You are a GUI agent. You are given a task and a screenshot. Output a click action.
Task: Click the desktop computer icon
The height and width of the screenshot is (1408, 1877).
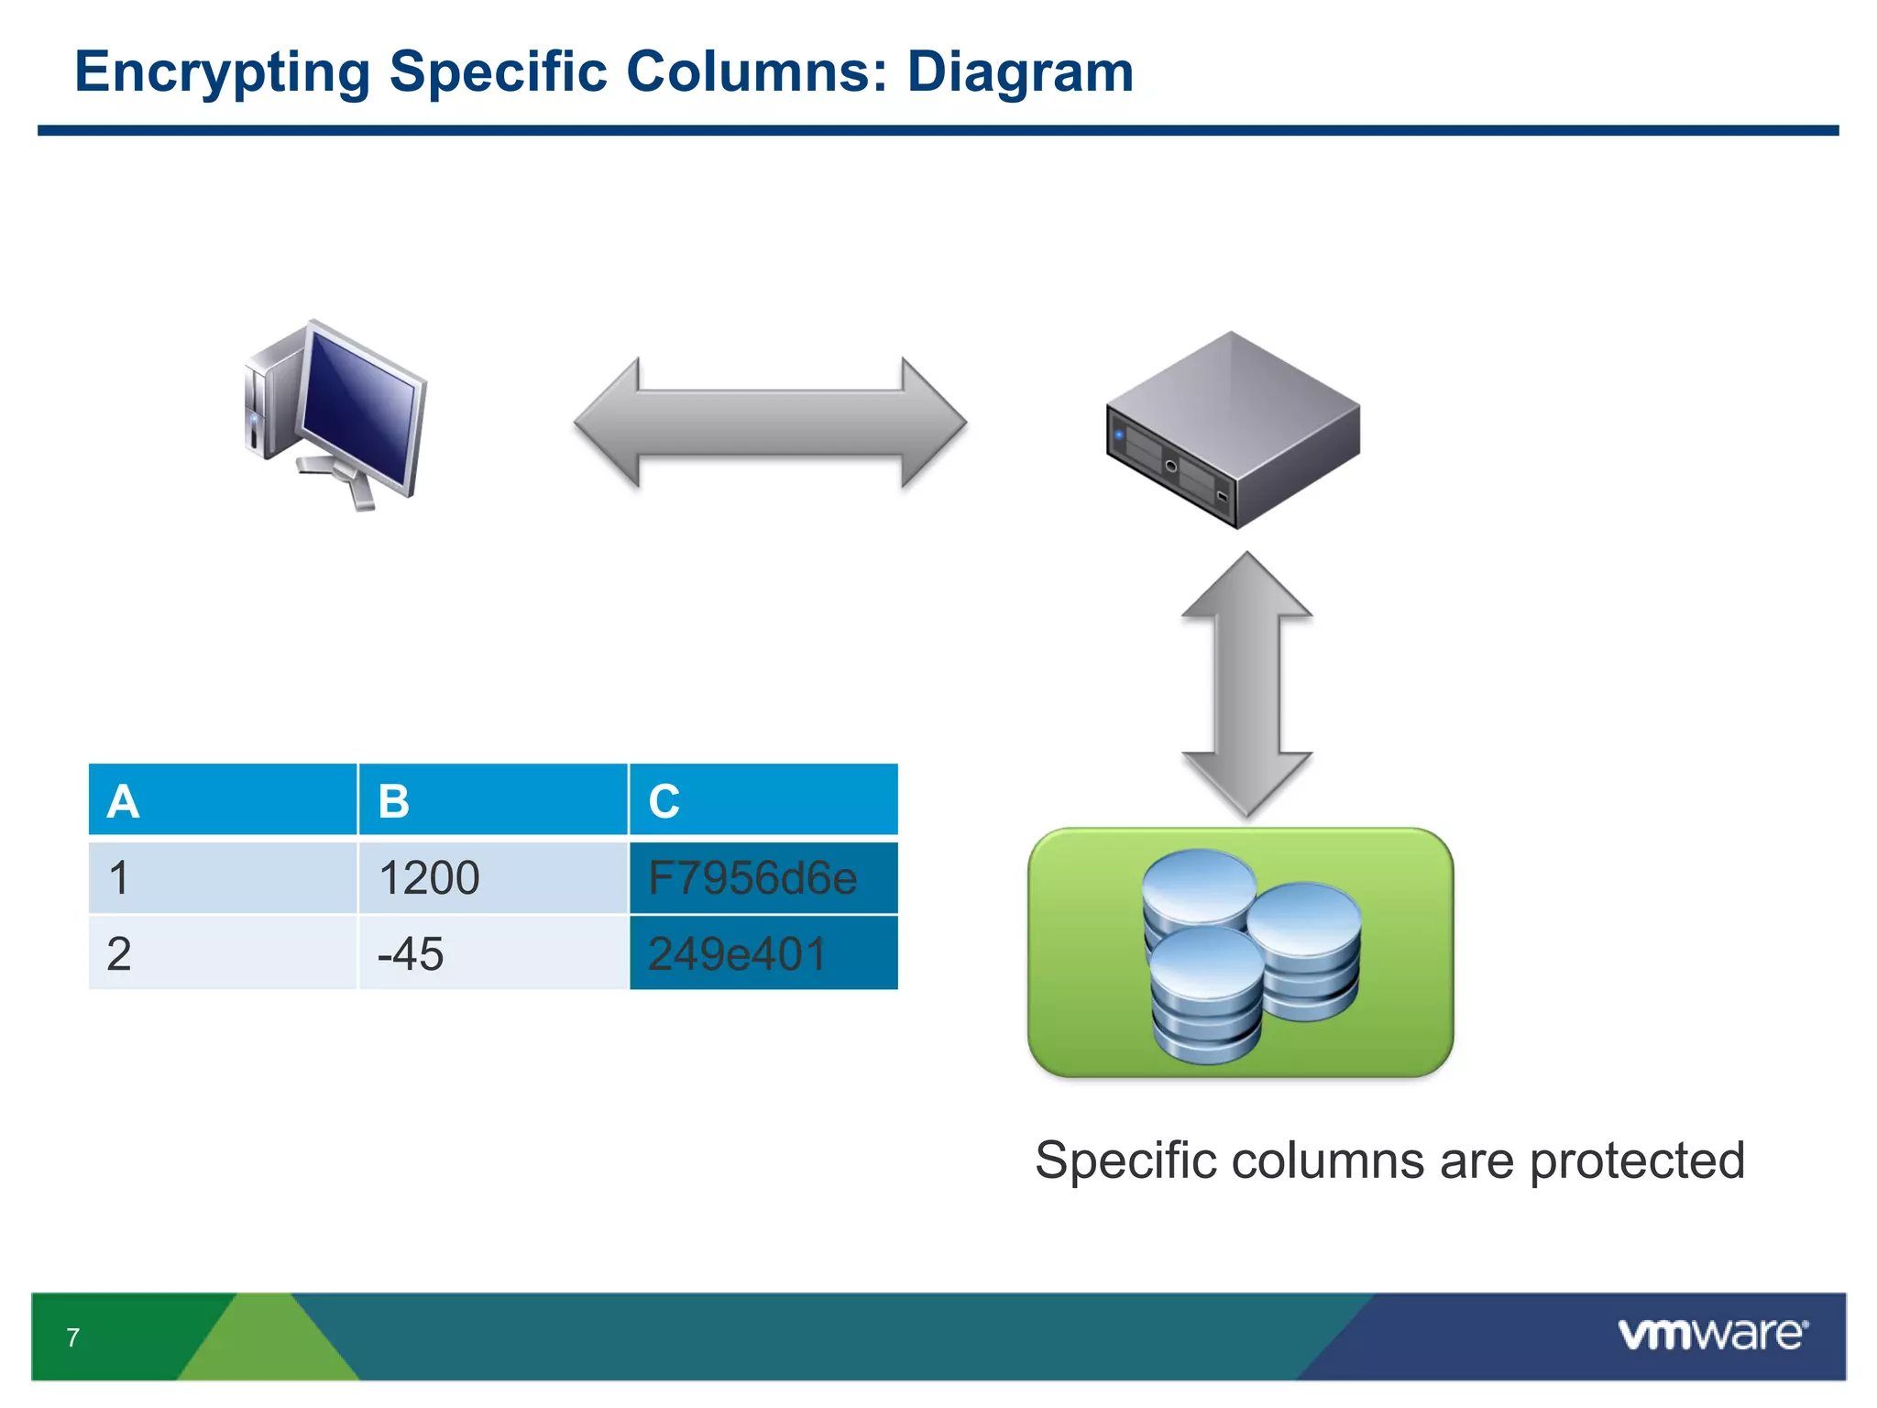point(335,414)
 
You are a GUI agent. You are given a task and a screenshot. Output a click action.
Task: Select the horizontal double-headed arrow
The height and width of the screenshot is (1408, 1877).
point(770,423)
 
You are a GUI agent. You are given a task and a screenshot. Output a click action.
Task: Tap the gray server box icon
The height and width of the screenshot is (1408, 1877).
point(1233,429)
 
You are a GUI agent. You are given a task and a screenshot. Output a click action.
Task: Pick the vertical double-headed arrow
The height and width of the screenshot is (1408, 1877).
point(1246,684)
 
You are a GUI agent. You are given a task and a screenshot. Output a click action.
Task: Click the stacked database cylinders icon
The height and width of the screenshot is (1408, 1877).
point(1250,955)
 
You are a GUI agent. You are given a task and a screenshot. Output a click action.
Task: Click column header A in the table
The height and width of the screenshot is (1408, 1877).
point(222,800)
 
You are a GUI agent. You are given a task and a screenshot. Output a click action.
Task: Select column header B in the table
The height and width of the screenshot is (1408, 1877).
point(492,800)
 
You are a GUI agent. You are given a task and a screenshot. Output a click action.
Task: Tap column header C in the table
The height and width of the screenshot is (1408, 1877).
point(763,800)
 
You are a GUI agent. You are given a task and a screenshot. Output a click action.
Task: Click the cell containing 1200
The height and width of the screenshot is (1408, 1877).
point(492,877)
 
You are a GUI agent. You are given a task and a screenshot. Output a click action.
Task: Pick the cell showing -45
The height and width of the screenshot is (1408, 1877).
point(492,953)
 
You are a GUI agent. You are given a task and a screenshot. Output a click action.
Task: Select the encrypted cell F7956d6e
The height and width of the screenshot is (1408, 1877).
point(763,877)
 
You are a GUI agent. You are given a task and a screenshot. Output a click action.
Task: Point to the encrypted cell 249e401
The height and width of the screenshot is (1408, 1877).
point(763,953)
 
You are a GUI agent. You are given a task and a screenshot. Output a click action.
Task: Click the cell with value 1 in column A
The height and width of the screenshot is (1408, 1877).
point(222,877)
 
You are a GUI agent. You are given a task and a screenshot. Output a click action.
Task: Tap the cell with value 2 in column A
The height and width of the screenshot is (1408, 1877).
point(222,953)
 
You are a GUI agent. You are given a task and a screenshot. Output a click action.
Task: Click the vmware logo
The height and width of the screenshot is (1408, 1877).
point(1712,1334)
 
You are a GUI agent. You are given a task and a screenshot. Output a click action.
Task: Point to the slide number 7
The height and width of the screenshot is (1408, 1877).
point(73,1337)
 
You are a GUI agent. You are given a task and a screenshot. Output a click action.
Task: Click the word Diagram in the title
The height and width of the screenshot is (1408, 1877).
point(1019,72)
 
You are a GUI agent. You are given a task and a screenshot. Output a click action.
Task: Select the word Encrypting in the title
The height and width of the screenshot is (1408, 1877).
point(222,72)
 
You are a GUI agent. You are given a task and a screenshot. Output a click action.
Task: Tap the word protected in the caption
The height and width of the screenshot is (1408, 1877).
point(1637,1160)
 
